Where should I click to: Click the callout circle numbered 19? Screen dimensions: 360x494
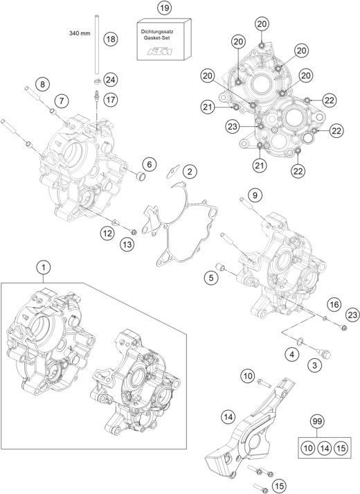click(164, 8)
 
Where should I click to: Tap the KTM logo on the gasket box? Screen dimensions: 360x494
click(161, 51)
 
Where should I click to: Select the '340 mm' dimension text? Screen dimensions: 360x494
click(80, 33)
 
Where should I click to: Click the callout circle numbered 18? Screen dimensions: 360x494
click(111, 39)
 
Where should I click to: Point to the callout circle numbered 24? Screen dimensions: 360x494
click(111, 80)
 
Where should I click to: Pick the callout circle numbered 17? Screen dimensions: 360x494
click(111, 100)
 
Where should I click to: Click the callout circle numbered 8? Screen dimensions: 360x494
click(42, 84)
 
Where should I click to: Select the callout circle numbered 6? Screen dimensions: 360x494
click(149, 164)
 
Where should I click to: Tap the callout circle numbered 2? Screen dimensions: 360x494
click(190, 172)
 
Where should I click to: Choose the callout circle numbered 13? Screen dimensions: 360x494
click(127, 244)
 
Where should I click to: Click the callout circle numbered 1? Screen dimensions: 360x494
click(44, 267)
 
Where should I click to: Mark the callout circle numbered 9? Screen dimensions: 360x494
click(255, 195)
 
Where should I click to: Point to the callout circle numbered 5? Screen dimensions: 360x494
click(211, 278)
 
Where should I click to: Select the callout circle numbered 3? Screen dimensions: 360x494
click(315, 365)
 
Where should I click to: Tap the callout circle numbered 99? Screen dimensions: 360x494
click(317, 421)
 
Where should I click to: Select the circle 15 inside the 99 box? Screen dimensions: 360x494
click(341, 448)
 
